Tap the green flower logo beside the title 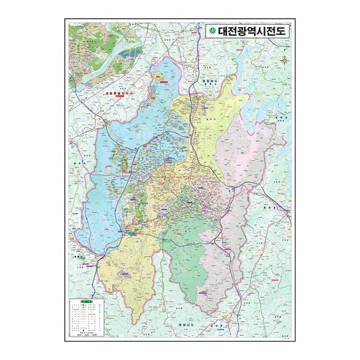(211, 31)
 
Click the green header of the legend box (87, 301)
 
